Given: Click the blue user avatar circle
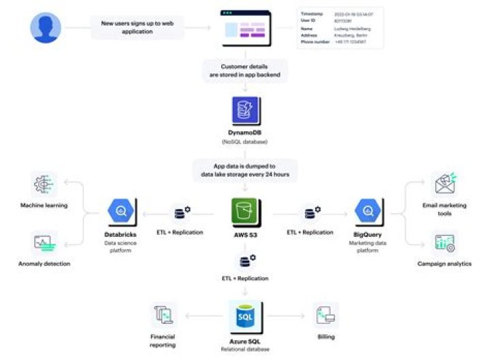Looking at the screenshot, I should click(46, 28).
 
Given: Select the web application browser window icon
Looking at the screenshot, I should click(245, 28).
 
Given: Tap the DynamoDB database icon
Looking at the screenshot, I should click(245, 111).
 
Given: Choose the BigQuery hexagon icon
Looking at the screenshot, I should click(368, 212).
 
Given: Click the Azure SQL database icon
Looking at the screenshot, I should click(245, 316).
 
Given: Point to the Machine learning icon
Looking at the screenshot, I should click(44, 186).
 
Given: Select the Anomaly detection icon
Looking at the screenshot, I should click(44, 243).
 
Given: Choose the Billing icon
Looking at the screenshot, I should click(326, 315).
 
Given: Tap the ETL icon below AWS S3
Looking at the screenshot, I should click(245, 261).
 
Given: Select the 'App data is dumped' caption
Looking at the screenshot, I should click(245, 169).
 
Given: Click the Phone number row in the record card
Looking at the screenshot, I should click(340, 42).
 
